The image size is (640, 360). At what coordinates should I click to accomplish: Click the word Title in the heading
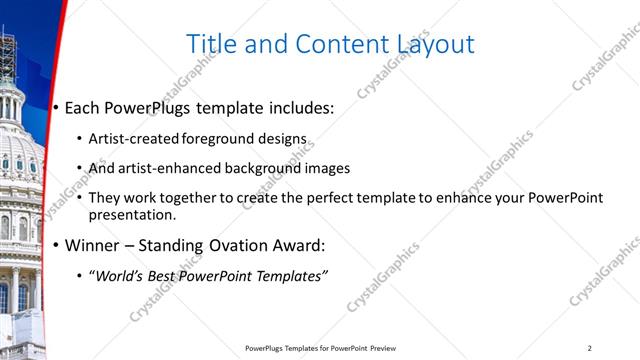click(x=212, y=44)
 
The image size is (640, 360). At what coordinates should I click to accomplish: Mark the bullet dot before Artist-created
click(x=80, y=140)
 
